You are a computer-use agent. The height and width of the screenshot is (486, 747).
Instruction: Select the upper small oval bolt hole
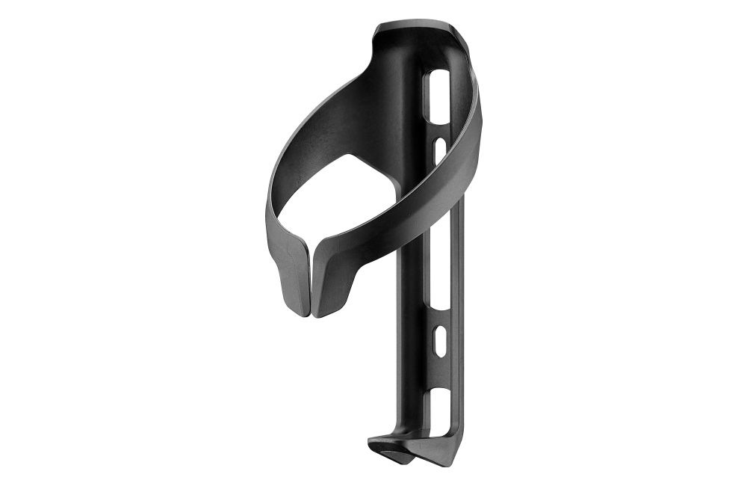441,147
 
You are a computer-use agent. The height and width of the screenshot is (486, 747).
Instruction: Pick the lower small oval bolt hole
438,338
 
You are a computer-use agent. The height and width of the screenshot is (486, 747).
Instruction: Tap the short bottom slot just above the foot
438,408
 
